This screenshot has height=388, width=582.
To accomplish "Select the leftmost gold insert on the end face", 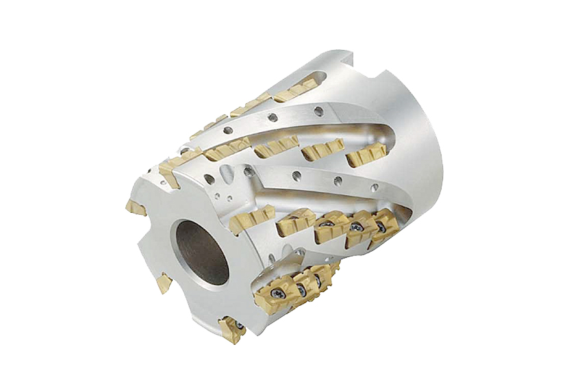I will pos(135,206).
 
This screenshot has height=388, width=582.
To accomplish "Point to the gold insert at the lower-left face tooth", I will pos(164,282).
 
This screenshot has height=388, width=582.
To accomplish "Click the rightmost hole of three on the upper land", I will pos(316,110).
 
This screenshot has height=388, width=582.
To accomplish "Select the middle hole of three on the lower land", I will pos(338,181).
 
